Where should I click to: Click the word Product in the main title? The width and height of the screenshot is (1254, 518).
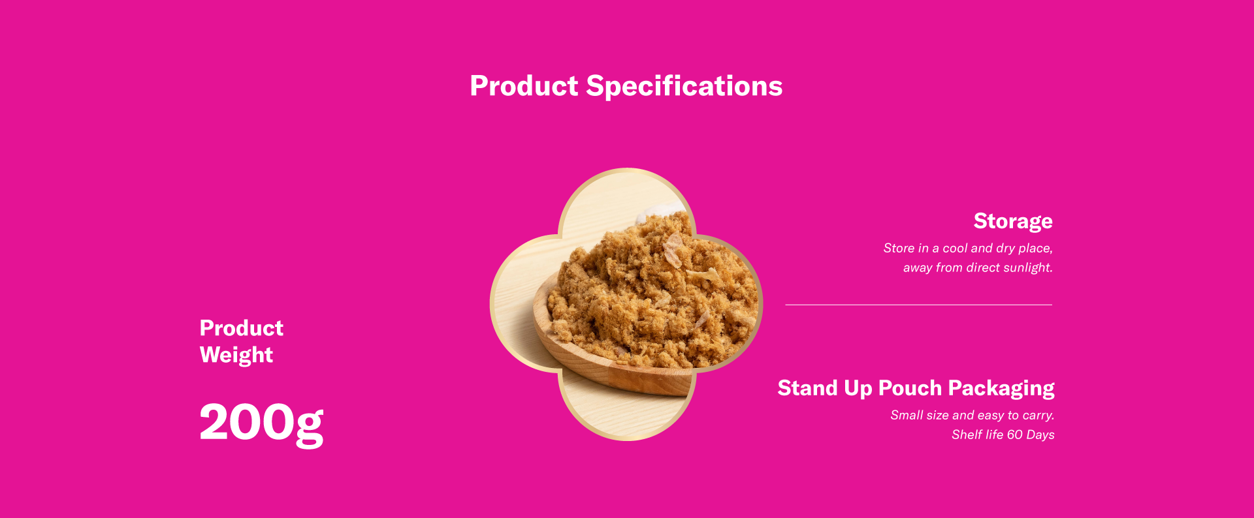pyautogui.click(x=524, y=86)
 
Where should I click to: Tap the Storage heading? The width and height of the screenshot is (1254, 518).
pyautogui.click(x=1013, y=222)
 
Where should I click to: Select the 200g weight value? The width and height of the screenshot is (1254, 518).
pyautogui.click(x=261, y=424)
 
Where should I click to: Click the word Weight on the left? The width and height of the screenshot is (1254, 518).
pyautogui.click(x=236, y=356)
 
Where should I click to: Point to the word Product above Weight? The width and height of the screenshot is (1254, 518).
pyautogui.click(x=242, y=328)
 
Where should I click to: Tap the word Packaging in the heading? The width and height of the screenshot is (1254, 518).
pyautogui.click(x=1001, y=389)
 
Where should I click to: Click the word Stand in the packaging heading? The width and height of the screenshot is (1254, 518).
pyautogui.click(x=807, y=388)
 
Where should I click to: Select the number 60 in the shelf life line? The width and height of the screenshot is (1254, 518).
pyautogui.click(x=1015, y=434)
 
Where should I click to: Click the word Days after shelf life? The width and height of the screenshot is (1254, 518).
pyautogui.click(x=1040, y=435)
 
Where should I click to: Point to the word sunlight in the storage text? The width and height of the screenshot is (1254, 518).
pyautogui.click(x=1028, y=267)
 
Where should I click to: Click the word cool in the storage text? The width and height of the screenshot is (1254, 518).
pyautogui.click(x=955, y=248)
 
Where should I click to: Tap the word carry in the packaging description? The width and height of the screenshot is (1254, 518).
pyautogui.click(x=1037, y=416)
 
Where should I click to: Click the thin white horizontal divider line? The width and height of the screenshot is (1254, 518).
pyautogui.click(x=918, y=305)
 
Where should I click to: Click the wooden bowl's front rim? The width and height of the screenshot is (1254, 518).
pyautogui.click(x=614, y=376)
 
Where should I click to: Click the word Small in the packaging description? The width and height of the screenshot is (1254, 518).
pyautogui.click(x=906, y=415)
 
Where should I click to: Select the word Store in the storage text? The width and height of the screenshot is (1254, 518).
pyautogui.click(x=899, y=248)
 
